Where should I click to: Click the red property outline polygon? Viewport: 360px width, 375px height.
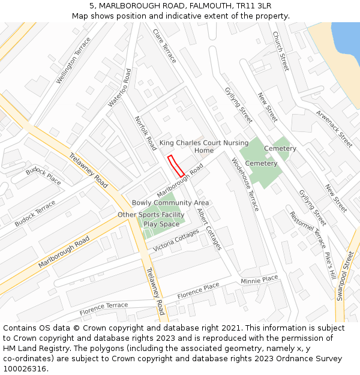tap(176, 166)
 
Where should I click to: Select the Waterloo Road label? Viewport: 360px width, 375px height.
tap(119, 88)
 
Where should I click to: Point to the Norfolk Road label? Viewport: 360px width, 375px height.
tap(146, 133)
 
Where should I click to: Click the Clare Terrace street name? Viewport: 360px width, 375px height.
tap(164, 46)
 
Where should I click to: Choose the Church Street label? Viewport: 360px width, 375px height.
tap(280, 51)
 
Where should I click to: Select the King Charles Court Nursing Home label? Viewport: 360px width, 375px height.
tap(203, 146)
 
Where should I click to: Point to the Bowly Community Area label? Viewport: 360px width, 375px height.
tap(170, 203)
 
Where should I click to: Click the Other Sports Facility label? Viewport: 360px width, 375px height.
tap(151, 215)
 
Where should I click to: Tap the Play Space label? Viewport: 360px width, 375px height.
tap(161, 224)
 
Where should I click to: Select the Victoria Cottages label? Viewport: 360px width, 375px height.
tap(176, 240)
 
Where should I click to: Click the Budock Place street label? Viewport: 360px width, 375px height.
tap(43, 176)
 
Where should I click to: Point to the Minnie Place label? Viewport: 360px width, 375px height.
tap(259, 280)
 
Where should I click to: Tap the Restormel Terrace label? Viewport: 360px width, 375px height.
tap(307, 230)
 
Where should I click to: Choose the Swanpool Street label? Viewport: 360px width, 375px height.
tap(344, 277)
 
